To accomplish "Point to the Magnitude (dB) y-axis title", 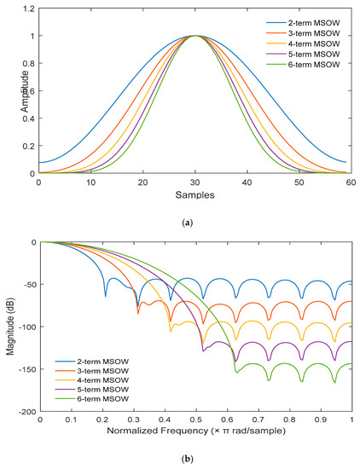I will coord(12,326).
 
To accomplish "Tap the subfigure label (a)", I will coord(195,221).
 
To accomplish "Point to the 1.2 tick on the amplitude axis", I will coord(27,9).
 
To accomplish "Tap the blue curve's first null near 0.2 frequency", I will coord(106,296).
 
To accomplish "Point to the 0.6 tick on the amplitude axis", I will coord(27,91).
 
